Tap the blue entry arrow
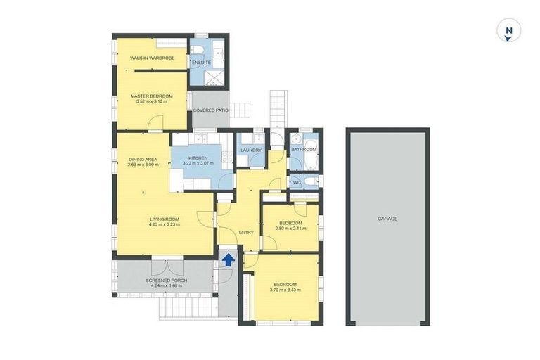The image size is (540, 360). click(x=228, y=259)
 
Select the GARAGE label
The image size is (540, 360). click(x=387, y=219)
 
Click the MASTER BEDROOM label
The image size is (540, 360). click(x=152, y=96)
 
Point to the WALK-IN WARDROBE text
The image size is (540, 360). click(x=152, y=58)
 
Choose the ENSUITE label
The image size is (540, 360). click(x=202, y=63)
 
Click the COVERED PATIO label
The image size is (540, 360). click(x=211, y=110)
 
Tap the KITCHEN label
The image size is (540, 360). click(x=197, y=158)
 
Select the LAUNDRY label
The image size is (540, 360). click(x=251, y=150)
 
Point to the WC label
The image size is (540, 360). click(x=297, y=182)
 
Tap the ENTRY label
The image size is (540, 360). click(x=245, y=233)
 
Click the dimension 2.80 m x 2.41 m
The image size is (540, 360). click(x=291, y=229)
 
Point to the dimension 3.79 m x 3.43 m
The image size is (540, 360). click(x=285, y=290)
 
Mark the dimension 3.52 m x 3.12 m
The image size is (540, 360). click(x=152, y=102)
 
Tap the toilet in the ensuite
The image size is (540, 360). click(x=199, y=48)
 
